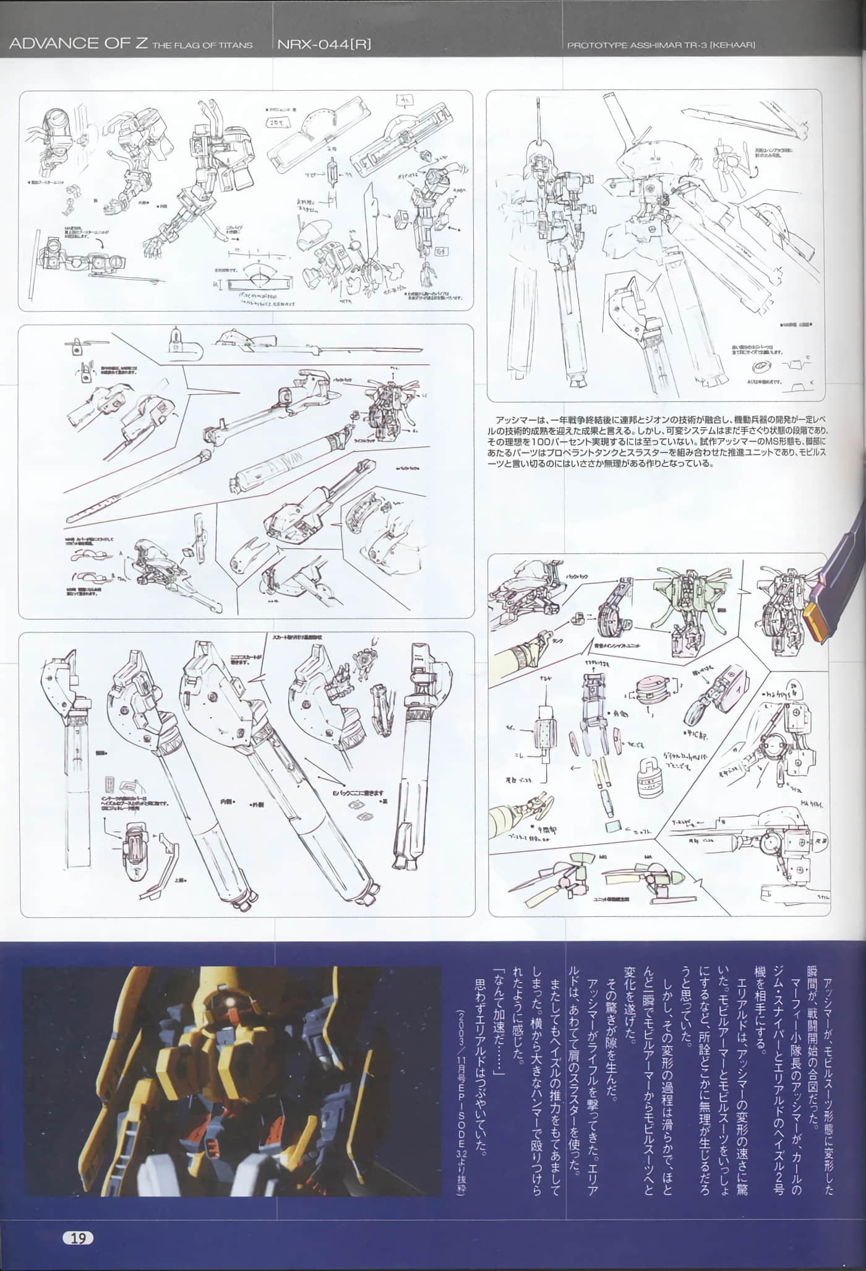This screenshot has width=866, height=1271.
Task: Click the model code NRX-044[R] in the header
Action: click(x=324, y=44)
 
